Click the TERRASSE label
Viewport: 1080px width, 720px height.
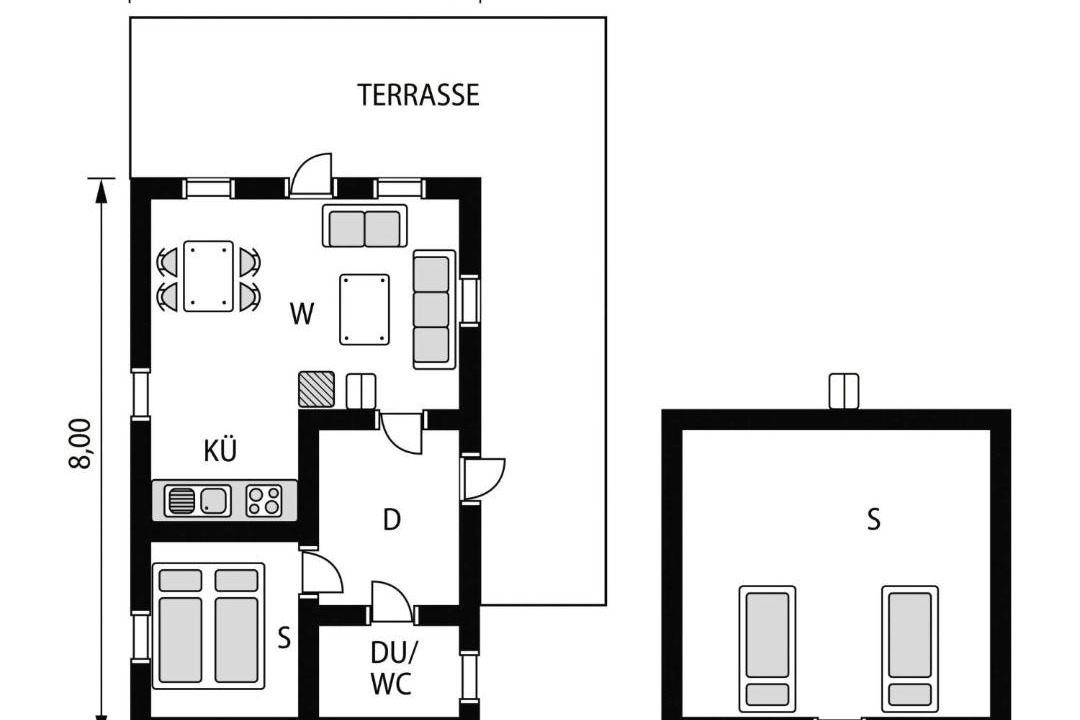(418, 95)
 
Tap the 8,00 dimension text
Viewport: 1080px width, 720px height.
(81, 444)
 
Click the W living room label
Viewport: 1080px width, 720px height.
(302, 314)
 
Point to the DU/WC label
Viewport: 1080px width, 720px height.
(392, 668)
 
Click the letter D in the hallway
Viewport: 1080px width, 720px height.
(391, 520)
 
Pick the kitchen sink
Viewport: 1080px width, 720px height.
(198, 500)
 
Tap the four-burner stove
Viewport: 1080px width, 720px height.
(264, 500)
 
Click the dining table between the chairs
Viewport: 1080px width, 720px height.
(208, 276)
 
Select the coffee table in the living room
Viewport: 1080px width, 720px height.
(364, 309)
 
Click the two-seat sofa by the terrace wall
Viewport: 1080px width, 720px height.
(364, 226)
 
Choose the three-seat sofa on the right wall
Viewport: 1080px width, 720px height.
(434, 309)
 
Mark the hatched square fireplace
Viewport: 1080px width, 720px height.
(316, 389)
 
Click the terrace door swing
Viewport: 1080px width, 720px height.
(311, 175)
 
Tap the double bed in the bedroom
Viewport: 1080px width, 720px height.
(208, 626)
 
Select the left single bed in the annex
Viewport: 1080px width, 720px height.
(767, 648)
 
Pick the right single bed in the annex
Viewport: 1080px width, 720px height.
(910, 648)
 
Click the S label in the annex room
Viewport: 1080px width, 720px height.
(873, 520)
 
